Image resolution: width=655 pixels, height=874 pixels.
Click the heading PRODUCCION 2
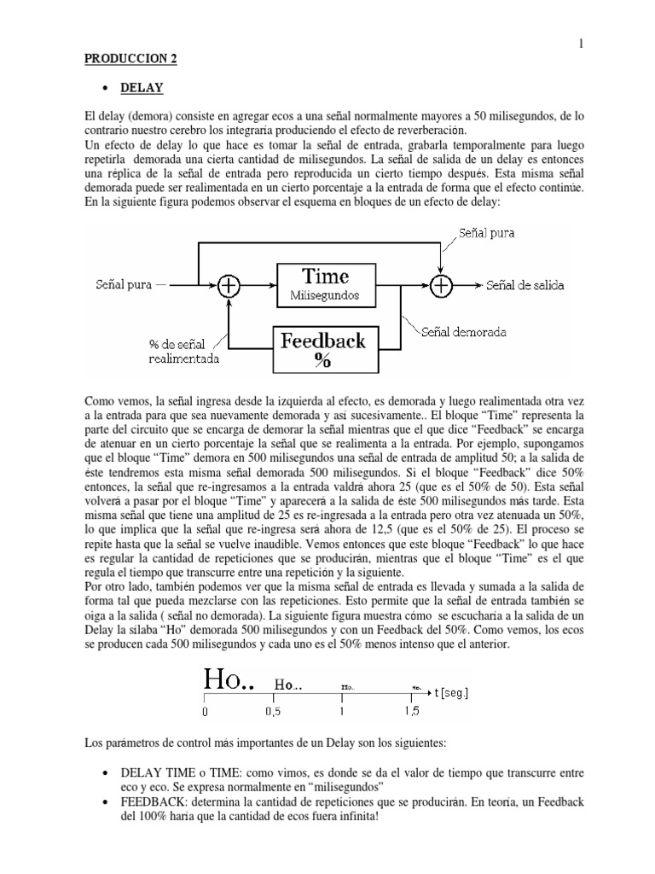pyautogui.click(x=131, y=61)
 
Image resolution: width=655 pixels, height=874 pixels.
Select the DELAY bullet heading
pyautogui.click(x=142, y=87)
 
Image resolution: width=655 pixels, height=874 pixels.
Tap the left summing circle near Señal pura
pyautogui.click(x=228, y=286)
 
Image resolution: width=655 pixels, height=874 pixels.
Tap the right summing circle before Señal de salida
pyautogui.click(x=440, y=286)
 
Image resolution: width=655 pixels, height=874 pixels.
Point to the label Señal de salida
pyautogui.click(x=525, y=286)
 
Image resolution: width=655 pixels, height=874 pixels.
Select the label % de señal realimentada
pyautogui.click(x=183, y=351)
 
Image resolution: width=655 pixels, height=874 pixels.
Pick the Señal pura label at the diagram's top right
pyautogui.click(x=486, y=232)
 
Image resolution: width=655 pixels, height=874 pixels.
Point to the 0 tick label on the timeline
pyautogui.click(x=205, y=710)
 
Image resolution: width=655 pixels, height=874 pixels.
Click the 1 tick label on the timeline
pyautogui.click(x=342, y=710)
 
